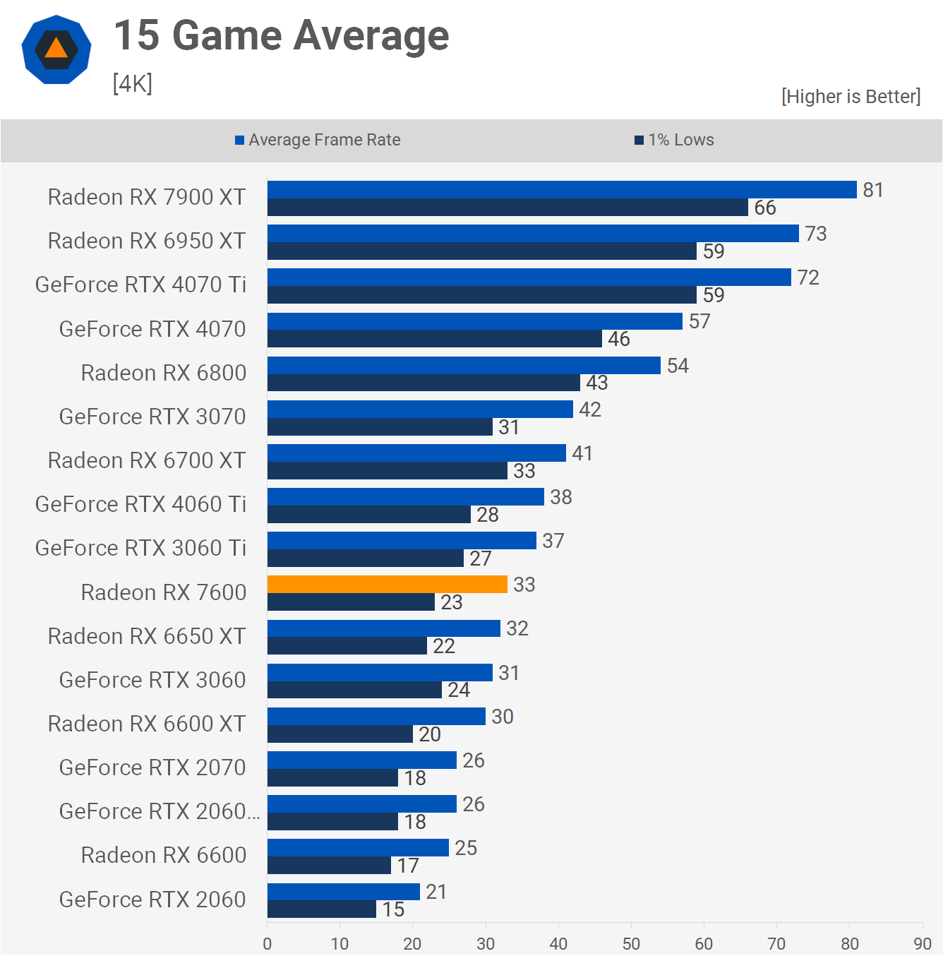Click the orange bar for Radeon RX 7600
point(387,584)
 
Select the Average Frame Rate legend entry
point(318,140)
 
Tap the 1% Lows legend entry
point(674,140)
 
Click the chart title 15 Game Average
point(281,35)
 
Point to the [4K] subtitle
point(133,83)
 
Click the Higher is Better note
point(851,96)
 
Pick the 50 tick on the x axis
point(631,943)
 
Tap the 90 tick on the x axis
point(922,943)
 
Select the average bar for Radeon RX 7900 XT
point(562,189)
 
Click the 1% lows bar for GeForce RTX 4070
point(434,339)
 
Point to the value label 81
point(873,190)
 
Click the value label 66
point(765,208)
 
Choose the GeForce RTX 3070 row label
point(152,417)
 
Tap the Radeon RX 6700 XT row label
point(147,460)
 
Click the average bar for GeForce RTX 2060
point(343,891)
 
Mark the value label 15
point(394,909)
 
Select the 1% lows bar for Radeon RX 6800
point(424,383)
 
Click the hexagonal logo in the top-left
point(56,49)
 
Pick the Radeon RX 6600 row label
point(164,855)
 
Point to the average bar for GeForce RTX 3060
point(380,672)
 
